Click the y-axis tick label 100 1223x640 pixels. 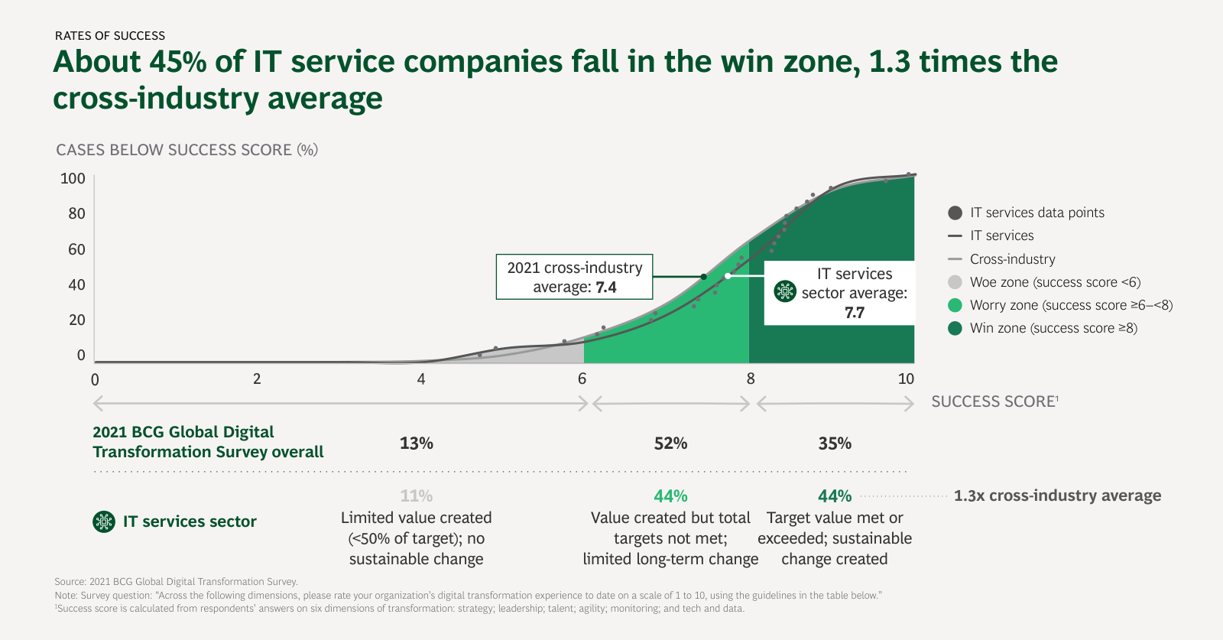tap(73, 178)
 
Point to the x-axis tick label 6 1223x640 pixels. tap(582, 378)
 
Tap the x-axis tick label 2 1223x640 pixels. tap(257, 378)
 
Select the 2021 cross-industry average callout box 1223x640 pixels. tap(574, 277)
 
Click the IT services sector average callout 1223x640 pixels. tap(839, 293)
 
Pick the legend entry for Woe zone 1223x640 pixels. tap(1055, 282)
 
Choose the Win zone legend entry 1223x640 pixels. tap(1053, 328)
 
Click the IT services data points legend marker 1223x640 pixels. tap(955, 213)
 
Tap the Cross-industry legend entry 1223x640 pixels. tap(1012, 259)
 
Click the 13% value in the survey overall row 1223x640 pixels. tap(417, 443)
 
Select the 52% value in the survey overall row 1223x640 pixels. tap(670, 443)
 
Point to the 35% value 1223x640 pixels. tap(835, 443)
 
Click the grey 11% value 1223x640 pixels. tap(417, 495)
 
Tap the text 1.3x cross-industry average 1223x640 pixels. tap(1057, 495)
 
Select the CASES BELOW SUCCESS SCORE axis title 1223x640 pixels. tap(187, 150)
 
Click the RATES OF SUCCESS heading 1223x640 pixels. tap(110, 36)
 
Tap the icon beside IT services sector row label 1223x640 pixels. tap(104, 521)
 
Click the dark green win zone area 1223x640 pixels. tap(833, 344)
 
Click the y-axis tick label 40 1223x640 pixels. tap(76, 284)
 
